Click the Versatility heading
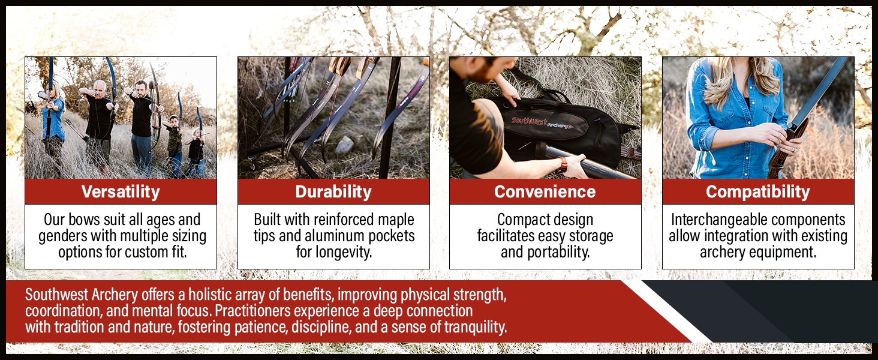coord(121,192)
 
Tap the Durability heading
coord(333,192)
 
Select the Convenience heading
coord(545,192)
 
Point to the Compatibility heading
coord(758,192)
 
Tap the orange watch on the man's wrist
coord(562,165)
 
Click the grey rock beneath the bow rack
coord(344,145)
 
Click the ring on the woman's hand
coord(795,151)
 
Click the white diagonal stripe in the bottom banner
coord(666,311)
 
